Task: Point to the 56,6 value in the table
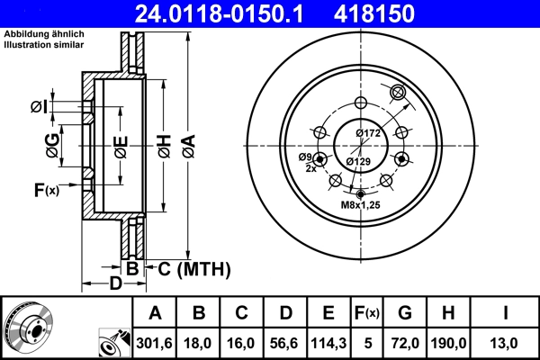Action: pos(285,343)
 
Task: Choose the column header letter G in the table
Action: pos(404,312)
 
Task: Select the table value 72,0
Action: pos(404,343)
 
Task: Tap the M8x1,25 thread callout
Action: pos(360,205)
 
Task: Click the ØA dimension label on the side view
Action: pos(188,145)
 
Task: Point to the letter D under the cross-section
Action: pos(114,285)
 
